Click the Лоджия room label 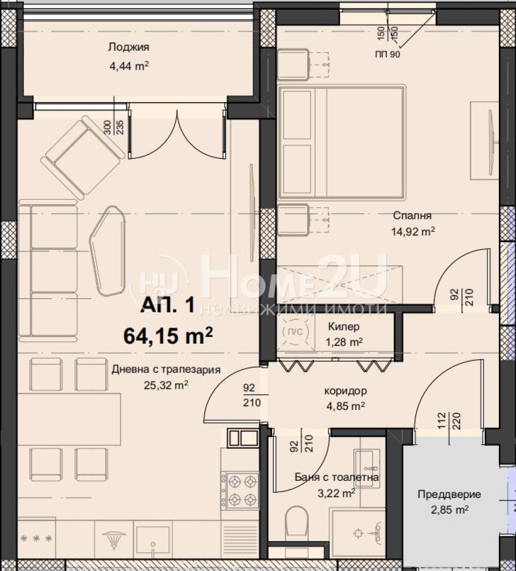[x=128, y=47]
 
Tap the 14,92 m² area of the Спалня [x=413, y=232]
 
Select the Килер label [x=344, y=326]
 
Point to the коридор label [x=345, y=391]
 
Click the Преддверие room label [x=449, y=494]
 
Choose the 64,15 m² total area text [x=168, y=335]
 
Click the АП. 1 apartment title [x=168, y=305]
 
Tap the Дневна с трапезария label [x=166, y=369]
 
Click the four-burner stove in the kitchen [x=240, y=490]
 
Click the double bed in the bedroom [x=341, y=142]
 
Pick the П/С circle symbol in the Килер [x=295, y=332]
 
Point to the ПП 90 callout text [x=388, y=54]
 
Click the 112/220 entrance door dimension [x=449, y=421]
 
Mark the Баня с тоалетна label [x=336, y=477]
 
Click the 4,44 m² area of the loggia [x=129, y=66]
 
